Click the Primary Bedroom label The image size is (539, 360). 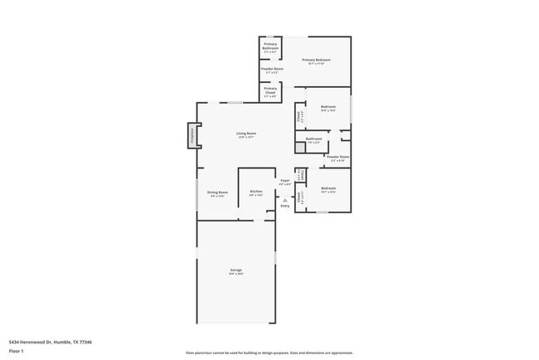pos(316,61)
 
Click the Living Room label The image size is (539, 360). pos(245,134)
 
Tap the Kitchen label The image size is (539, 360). pos(256,192)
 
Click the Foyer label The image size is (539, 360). pos(284,179)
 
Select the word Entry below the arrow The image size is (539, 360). pos(284,206)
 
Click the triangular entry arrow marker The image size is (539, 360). pos(284,199)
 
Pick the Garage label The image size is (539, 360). pos(236,270)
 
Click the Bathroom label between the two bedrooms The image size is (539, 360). pos(313,139)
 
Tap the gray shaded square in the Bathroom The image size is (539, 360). pos(301,148)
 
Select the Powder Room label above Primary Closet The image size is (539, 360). pos(272,69)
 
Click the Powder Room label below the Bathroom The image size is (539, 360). pos(337,157)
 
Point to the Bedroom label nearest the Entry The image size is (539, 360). pos(328,188)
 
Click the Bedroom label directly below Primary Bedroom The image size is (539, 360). pos(328,107)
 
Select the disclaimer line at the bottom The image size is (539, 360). pos(269,352)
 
